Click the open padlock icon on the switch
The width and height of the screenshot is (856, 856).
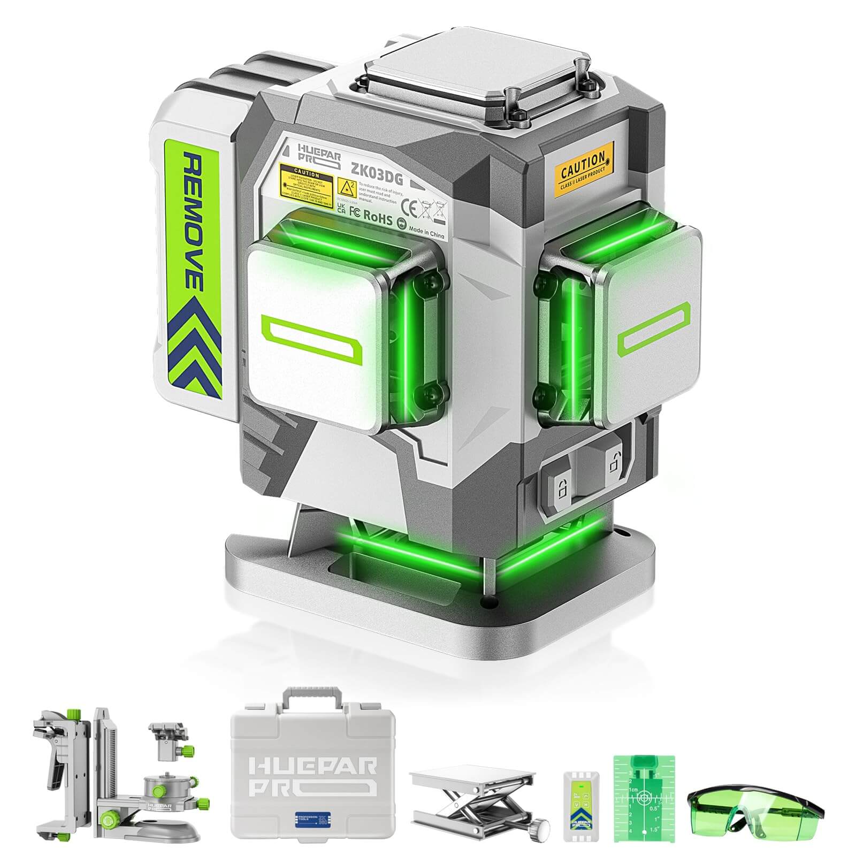pyautogui.click(x=612, y=461)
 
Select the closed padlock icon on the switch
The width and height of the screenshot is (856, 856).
pyautogui.click(x=560, y=488)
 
